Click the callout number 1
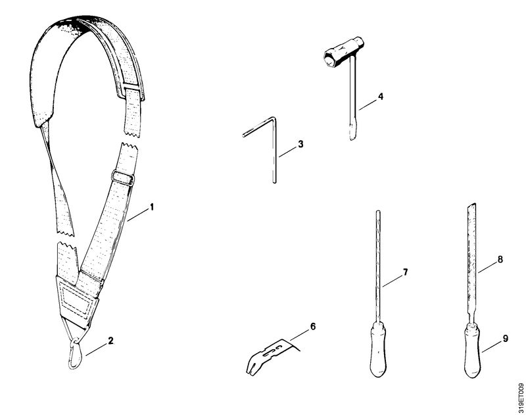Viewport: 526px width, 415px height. coord(152,207)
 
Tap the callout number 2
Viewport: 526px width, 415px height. coord(110,341)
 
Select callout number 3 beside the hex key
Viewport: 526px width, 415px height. coord(300,144)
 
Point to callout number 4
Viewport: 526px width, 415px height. coord(380,97)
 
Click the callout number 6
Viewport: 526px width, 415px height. coord(313,326)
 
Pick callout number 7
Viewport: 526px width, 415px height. coord(405,272)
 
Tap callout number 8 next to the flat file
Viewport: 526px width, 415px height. coord(500,259)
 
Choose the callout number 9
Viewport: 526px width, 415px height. coord(506,339)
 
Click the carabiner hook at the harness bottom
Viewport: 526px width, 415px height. coord(75,355)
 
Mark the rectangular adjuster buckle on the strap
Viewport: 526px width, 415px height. coord(123,178)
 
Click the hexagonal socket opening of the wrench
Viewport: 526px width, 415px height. coord(329,60)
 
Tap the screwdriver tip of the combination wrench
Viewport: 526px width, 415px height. coord(352,132)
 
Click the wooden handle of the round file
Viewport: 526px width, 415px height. coord(377,350)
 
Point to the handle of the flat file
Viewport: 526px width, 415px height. coord(471,351)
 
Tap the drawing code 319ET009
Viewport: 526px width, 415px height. coord(521,397)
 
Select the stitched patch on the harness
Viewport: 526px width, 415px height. coord(76,301)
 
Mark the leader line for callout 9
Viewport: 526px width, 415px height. coord(491,346)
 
